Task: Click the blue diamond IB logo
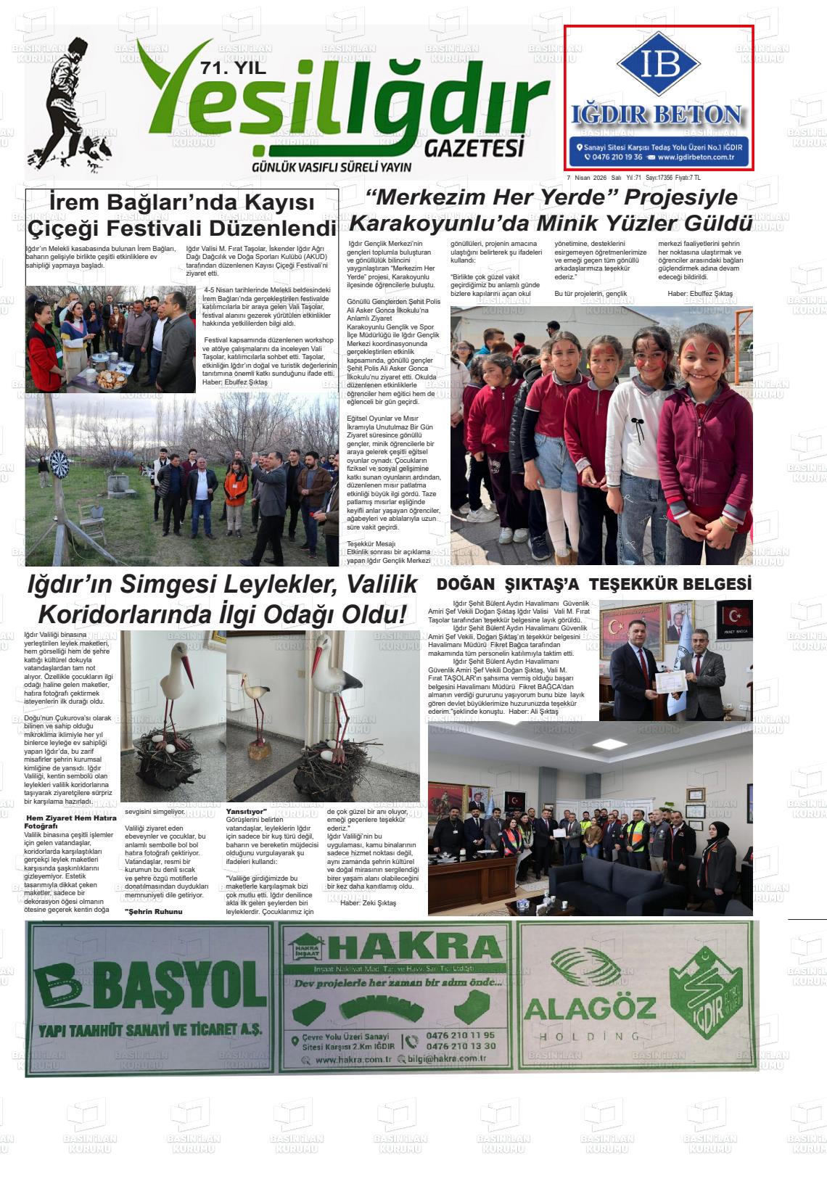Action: tap(659, 64)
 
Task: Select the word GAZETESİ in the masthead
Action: tap(474, 148)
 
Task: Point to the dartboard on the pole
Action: tap(58, 459)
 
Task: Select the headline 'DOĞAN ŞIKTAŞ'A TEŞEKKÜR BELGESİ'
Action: tap(593, 584)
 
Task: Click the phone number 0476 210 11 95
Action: tap(461, 1035)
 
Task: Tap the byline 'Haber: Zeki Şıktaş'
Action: tap(368, 902)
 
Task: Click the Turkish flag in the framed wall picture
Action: tap(736, 617)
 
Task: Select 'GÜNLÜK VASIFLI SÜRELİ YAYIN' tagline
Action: tap(331, 167)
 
